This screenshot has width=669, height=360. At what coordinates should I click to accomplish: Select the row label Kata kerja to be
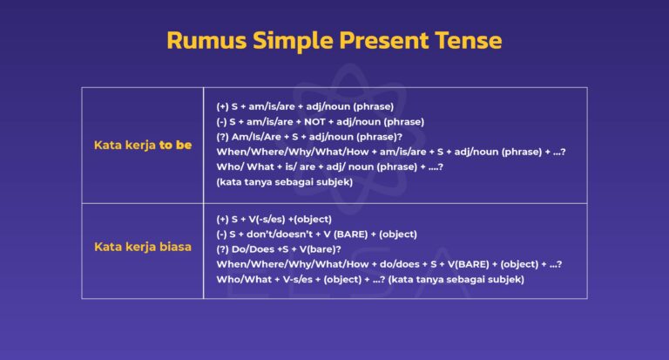(x=143, y=146)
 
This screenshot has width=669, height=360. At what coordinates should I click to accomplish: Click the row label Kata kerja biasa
(x=143, y=247)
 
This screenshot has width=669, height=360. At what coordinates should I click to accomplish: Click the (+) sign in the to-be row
(x=223, y=105)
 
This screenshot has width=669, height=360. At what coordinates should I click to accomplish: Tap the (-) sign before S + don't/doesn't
(x=223, y=234)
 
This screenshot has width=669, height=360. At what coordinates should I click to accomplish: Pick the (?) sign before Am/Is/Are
(x=223, y=137)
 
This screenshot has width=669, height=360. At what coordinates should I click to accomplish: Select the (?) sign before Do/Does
(x=223, y=248)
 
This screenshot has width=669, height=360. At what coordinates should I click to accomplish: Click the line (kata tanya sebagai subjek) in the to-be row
(x=284, y=183)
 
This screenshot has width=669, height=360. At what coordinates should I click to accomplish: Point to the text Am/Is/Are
(x=260, y=137)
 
